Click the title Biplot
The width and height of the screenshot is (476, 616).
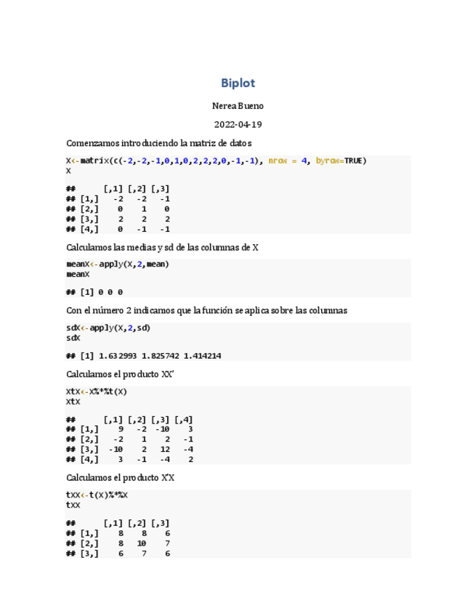click(238, 84)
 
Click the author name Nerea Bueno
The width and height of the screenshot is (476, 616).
click(238, 106)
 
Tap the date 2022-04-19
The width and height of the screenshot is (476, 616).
click(238, 125)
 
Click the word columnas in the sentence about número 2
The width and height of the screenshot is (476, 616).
click(326, 311)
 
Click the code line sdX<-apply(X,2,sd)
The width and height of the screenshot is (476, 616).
click(108, 328)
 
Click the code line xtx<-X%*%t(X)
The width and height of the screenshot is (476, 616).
click(97, 391)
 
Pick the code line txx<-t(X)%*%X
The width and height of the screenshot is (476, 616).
click(97, 495)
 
